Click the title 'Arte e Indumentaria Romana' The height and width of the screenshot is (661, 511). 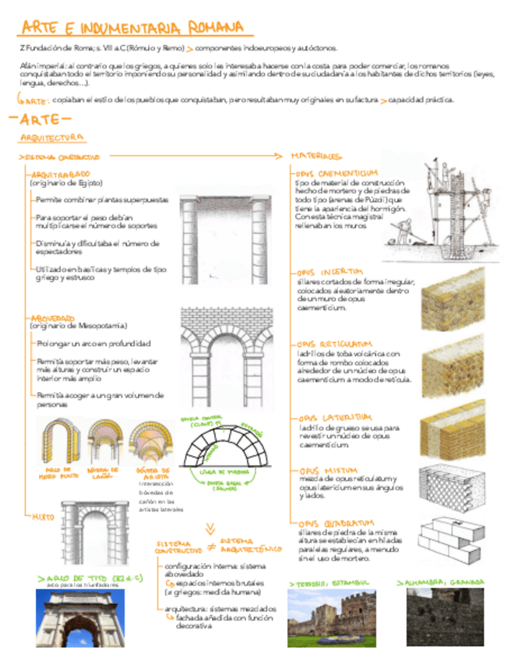point(132,29)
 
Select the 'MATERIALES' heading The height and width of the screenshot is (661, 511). point(316,156)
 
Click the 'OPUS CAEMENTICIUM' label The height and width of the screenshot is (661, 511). point(337,172)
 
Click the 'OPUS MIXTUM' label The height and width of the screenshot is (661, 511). point(326,471)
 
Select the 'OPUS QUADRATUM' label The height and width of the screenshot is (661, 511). point(336,523)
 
